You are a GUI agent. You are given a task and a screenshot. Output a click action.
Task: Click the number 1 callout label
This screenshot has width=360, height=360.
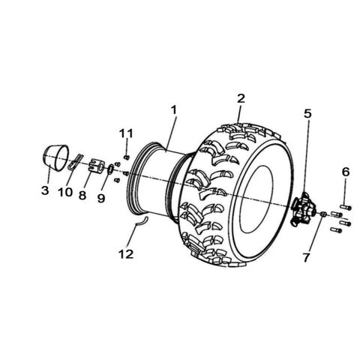173,109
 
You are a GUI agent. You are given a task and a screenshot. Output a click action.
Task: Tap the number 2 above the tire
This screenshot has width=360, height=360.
241,98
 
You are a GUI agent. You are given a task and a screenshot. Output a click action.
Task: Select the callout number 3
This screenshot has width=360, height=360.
45,191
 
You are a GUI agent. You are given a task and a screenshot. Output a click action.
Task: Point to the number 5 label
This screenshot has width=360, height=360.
307,114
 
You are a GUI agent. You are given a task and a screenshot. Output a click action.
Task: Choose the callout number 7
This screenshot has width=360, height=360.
306,258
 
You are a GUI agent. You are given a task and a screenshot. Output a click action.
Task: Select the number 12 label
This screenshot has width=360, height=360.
125,254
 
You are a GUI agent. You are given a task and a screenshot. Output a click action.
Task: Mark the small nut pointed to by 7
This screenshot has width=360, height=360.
322,215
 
